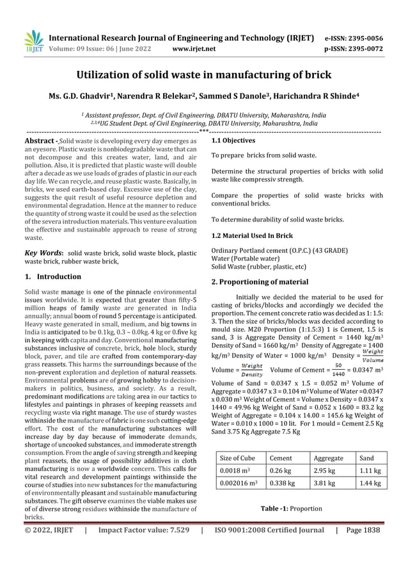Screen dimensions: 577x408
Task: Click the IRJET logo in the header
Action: [32, 42]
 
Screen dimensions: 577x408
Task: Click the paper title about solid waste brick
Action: [204, 75]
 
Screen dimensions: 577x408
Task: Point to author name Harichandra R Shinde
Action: [317, 97]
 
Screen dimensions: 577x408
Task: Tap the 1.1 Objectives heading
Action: [233, 140]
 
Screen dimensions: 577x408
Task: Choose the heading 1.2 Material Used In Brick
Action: [252, 236]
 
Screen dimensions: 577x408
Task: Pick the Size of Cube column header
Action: [237, 459]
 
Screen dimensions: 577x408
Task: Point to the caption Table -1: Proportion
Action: [291, 509]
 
